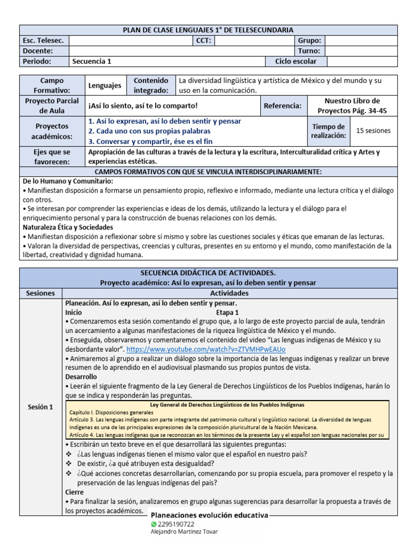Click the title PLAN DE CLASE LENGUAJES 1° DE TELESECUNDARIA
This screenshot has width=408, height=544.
(208, 30)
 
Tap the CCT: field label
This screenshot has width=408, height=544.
(205, 40)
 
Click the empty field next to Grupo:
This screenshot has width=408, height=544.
(361, 40)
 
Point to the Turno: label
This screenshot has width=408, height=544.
(309, 51)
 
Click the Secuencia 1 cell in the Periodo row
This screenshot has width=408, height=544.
(91, 61)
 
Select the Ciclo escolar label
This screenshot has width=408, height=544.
(295, 61)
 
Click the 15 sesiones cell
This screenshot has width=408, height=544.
(373, 130)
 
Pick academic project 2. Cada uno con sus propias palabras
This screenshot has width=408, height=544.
(149, 131)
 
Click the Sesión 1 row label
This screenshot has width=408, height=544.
(40, 407)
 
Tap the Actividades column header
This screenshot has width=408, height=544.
(229, 293)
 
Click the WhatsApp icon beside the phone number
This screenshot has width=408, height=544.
(155, 524)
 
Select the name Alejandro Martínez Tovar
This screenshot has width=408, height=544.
(184, 531)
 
